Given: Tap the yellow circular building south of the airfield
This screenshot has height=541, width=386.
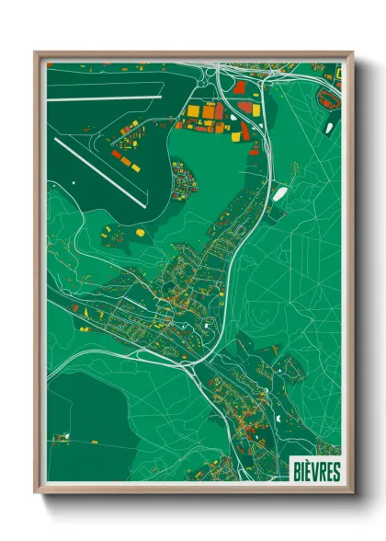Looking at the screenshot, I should pos(141,233).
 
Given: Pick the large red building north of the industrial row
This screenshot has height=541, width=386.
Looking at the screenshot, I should pos(241,88).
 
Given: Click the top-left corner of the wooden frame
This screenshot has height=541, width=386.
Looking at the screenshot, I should pos(37,53).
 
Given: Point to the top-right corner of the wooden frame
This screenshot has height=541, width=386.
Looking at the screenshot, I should pos(350,53).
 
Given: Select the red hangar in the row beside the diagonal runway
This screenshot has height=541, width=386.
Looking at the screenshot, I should pos(118,155).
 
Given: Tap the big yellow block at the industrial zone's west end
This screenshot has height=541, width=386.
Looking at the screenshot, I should pos(194,110).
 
